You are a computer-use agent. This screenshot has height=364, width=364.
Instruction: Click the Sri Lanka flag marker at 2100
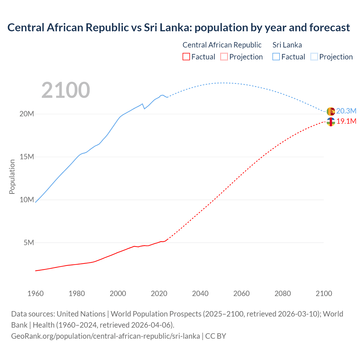click(331, 111)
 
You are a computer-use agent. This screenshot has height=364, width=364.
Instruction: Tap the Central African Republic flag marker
click(331, 122)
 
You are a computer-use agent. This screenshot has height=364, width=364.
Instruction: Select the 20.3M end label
click(346, 111)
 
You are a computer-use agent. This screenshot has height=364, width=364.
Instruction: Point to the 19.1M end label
click(346, 121)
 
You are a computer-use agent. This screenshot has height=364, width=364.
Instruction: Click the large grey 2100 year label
click(66, 90)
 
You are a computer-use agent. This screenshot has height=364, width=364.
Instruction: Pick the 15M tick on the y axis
click(27, 157)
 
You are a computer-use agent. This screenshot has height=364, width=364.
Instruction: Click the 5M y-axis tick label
click(29, 243)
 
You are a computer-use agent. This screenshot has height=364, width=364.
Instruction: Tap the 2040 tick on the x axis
click(200, 293)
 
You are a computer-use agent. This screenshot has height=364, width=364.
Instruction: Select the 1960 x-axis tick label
click(36, 293)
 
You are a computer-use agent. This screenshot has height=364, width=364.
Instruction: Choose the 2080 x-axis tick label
click(283, 293)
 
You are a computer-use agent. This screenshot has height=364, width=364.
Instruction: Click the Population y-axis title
click(12, 177)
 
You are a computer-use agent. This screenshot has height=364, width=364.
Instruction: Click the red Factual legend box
click(186, 57)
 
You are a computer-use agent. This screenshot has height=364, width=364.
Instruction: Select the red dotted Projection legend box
click(224, 57)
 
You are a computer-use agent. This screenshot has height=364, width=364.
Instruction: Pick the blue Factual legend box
click(276, 57)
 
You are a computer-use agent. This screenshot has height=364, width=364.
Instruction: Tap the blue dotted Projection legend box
click(314, 57)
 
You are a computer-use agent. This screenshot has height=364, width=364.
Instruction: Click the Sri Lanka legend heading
click(287, 45)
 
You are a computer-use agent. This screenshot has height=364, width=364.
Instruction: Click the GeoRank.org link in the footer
click(106, 336)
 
